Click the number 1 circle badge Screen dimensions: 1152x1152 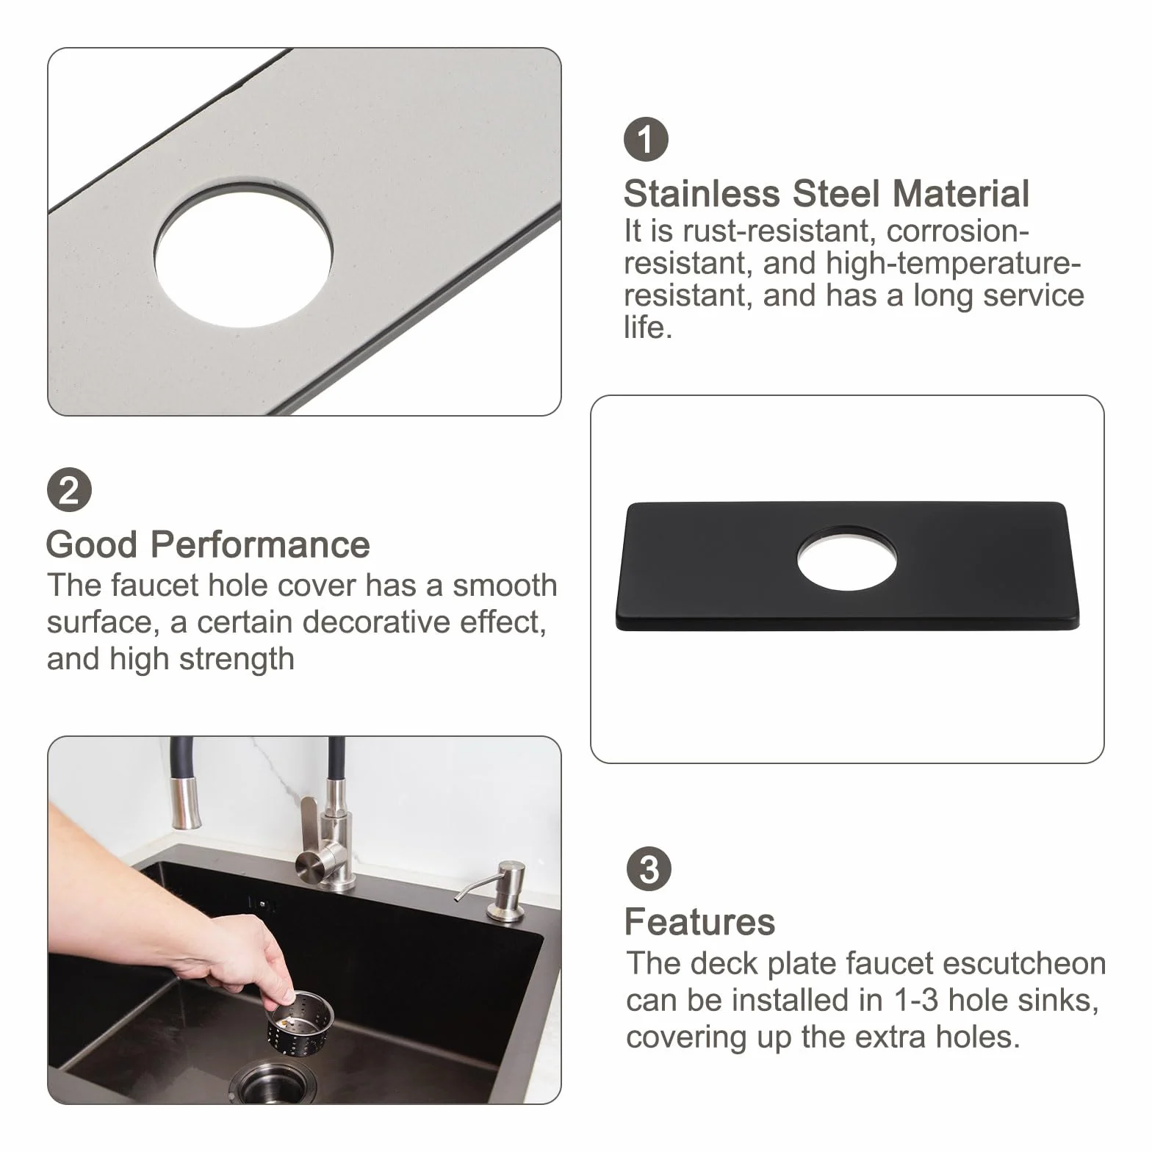click(646, 140)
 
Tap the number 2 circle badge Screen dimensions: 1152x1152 click(69, 490)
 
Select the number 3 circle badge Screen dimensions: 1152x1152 click(649, 869)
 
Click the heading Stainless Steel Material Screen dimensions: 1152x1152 click(827, 194)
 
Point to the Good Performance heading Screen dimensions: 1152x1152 click(208, 544)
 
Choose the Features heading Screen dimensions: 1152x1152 click(699, 922)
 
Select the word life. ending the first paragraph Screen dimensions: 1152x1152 click(648, 328)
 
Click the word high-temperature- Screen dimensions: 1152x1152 click(954, 263)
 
